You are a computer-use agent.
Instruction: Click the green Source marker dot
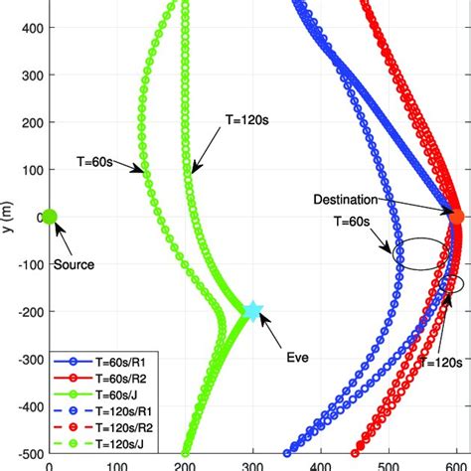pyautogui.click(x=50, y=217)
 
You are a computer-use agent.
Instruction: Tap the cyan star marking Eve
pyautogui.click(x=252, y=311)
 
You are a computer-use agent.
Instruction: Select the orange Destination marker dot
pyautogui.click(x=457, y=217)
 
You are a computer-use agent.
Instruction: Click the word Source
pyautogui.click(x=75, y=265)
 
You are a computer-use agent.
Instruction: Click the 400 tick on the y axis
pyautogui.click(x=29, y=28)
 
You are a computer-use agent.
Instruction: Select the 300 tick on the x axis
pyautogui.click(x=253, y=463)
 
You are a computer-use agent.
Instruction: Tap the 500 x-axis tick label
pyautogui.click(x=390, y=463)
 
